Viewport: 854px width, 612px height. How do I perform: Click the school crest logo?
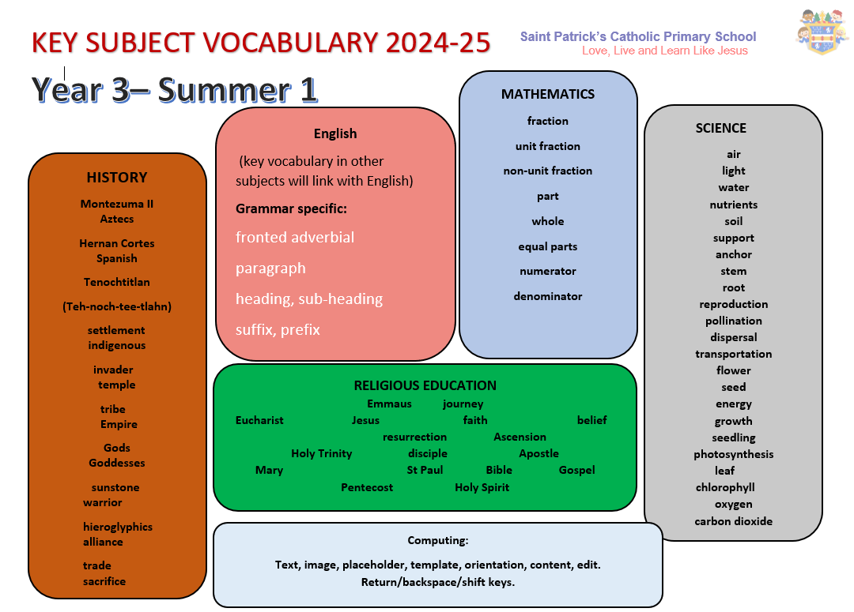pos(822,32)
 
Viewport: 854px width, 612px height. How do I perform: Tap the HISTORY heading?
pos(117,178)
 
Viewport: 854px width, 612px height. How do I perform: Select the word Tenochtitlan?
pos(116,282)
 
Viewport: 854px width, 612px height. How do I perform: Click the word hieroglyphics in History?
pos(118,527)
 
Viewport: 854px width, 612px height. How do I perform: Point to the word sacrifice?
pos(104,581)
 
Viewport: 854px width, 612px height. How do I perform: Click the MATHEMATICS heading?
pos(548,94)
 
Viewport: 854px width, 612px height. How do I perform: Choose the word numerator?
pos(547,271)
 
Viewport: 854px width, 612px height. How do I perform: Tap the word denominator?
pos(547,296)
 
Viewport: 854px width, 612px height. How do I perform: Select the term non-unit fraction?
pos(547,171)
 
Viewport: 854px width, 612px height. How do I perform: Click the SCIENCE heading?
pos(720,129)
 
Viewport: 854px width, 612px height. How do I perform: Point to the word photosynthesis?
pos(733,454)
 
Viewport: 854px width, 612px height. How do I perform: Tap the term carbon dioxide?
pos(733,521)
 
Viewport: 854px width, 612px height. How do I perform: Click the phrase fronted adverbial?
pos(295,237)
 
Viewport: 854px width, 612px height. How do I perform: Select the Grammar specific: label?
pos(291,208)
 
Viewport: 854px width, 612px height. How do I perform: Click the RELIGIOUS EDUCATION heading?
pos(425,385)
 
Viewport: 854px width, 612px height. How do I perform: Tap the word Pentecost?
pos(367,487)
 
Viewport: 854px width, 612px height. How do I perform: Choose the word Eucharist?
pos(259,420)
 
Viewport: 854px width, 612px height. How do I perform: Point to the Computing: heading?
pos(438,540)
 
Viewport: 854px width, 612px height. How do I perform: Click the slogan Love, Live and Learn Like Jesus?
pos(664,51)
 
